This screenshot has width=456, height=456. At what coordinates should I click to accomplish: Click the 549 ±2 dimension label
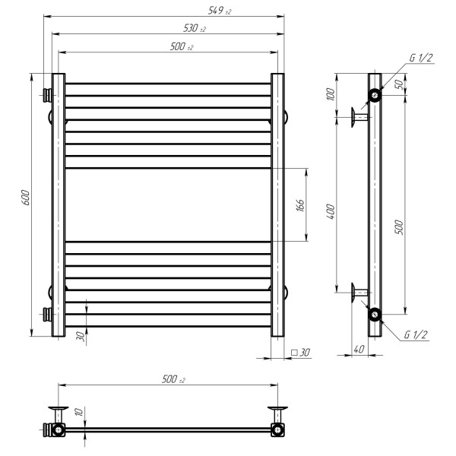[220, 11]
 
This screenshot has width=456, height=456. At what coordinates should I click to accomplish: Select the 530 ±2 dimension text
[195, 28]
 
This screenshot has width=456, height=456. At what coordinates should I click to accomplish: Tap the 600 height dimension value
[26, 198]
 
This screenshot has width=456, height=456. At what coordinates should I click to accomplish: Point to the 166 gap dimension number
[300, 205]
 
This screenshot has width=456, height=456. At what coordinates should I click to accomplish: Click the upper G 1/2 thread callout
[421, 58]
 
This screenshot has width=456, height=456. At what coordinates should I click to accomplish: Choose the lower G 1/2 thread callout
[416, 334]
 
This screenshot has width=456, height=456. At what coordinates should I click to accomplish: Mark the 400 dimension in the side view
[331, 212]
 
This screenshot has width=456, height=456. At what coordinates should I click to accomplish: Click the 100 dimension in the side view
[331, 94]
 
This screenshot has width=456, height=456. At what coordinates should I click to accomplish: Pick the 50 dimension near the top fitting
[400, 84]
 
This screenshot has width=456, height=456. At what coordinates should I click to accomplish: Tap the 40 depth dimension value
[359, 349]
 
